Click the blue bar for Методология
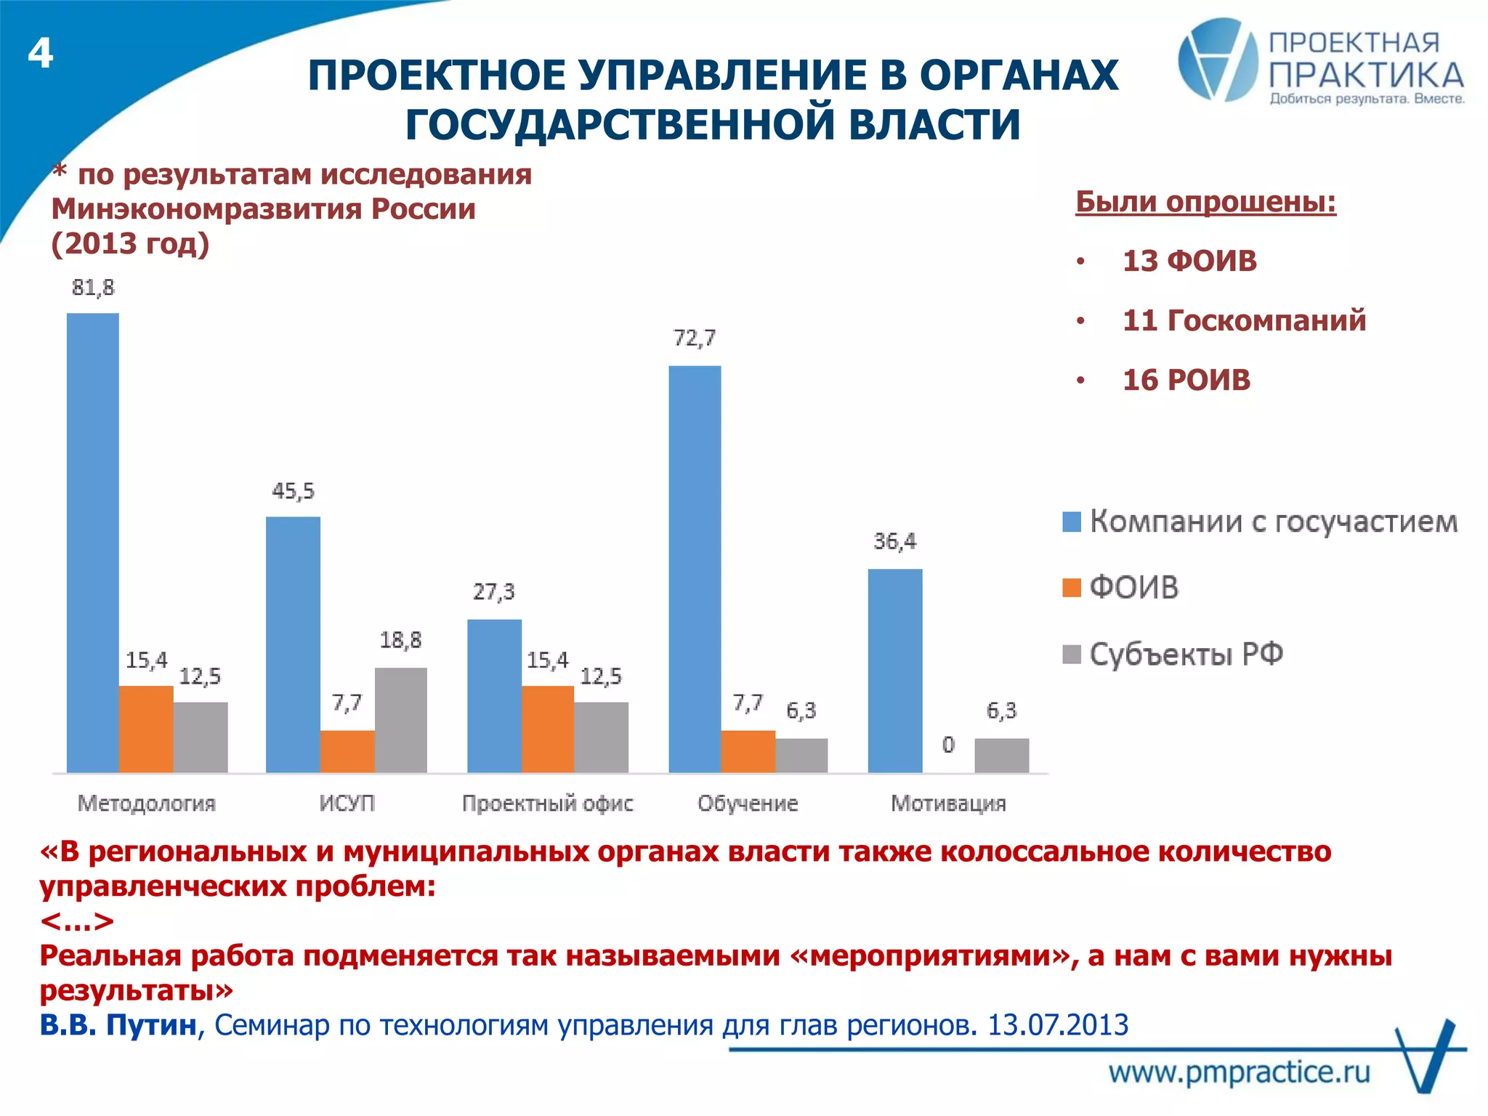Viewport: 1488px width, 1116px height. point(93,542)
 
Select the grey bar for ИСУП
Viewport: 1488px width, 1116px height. point(401,719)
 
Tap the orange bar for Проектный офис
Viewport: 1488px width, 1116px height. point(548,729)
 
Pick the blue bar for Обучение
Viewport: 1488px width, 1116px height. point(695,568)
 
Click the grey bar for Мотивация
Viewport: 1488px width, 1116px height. point(1001,755)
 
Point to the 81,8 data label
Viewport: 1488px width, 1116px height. point(93,288)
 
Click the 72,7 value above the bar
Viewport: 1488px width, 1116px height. point(695,339)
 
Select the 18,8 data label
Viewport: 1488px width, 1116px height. point(400,640)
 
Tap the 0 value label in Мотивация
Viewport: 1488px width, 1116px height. point(948,745)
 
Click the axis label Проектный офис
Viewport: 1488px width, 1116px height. point(548,804)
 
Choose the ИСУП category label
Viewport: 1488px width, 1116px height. point(347,804)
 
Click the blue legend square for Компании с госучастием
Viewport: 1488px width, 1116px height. point(1072,522)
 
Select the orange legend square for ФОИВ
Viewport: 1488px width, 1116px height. point(1072,587)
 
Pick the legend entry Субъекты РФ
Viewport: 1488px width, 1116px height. point(1186,655)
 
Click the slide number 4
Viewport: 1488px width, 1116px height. point(41,54)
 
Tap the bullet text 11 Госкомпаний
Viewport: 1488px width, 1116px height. point(1244,320)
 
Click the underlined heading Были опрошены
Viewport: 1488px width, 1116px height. point(1205,202)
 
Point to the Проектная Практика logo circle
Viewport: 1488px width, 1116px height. point(1218,60)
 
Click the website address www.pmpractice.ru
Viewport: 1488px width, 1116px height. point(1240,1072)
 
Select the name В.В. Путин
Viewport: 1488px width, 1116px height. point(118,1025)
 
